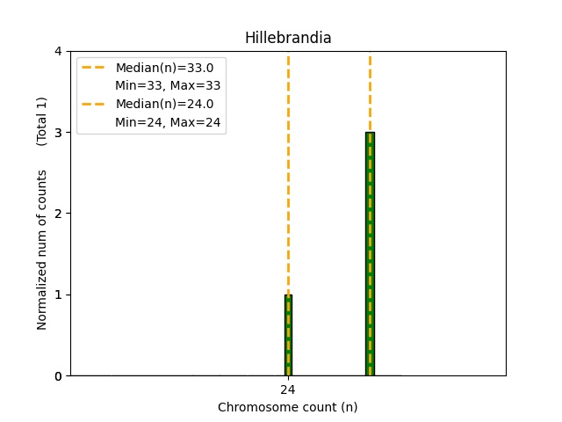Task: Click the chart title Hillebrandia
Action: click(x=288, y=38)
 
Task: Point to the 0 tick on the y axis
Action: click(x=58, y=375)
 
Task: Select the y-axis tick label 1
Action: click(x=58, y=295)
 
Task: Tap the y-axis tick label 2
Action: click(x=58, y=214)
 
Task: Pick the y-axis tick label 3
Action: click(x=58, y=133)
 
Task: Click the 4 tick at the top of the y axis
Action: click(x=58, y=52)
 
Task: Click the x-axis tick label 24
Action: click(x=288, y=389)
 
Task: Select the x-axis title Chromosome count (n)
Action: click(x=288, y=407)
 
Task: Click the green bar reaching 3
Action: click(x=370, y=254)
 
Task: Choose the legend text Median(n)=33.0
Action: click(x=164, y=68)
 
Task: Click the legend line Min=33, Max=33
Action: click(x=168, y=85)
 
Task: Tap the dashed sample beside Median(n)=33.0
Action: click(x=94, y=68)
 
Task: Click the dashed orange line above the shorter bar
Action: click(x=288, y=176)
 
